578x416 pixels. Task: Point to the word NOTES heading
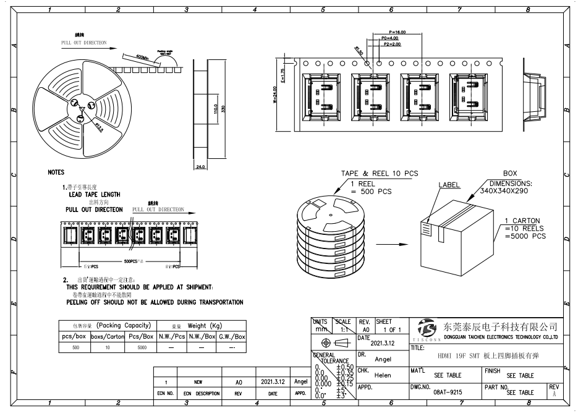click(x=56, y=172)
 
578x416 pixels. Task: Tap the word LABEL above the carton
click(x=449, y=185)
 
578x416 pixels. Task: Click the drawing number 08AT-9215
click(x=448, y=392)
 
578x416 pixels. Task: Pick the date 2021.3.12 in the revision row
click(x=273, y=382)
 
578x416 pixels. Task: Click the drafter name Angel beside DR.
click(x=383, y=359)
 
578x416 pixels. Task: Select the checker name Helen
click(x=383, y=375)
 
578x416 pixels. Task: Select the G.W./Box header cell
click(x=232, y=336)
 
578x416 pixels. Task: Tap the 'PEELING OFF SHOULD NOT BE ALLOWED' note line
click(x=155, y=302)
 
